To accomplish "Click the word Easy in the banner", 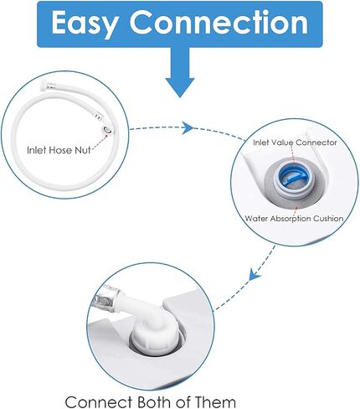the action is (84, 23).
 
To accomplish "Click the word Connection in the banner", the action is (219, 22).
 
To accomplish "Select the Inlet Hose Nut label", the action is (59, 150).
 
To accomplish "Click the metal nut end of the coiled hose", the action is (107, 129).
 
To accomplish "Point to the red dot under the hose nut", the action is (106, 136).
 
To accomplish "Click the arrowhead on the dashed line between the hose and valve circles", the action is (188, 128).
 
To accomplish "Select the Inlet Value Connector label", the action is (295, 142).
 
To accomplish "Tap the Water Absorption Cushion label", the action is (294, 218).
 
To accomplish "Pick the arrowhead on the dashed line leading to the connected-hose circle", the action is (255, 274).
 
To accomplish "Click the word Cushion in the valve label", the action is (328, 218).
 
